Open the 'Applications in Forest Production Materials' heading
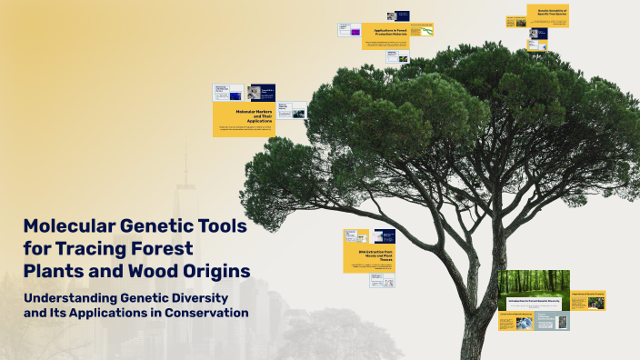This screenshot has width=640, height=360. point(385,32)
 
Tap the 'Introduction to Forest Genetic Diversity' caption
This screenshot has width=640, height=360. point(534,300)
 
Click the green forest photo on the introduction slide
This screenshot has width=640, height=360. point(534,282)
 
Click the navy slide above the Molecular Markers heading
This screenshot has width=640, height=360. point(261,92)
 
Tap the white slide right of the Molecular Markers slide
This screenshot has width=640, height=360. point(292,110)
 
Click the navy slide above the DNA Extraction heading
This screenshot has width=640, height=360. point(384,236)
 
